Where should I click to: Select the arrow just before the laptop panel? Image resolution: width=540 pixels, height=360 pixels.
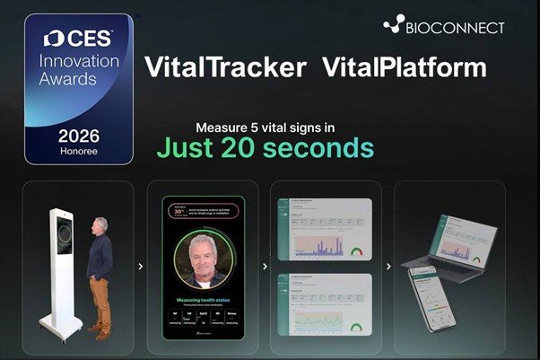(388, 266)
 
